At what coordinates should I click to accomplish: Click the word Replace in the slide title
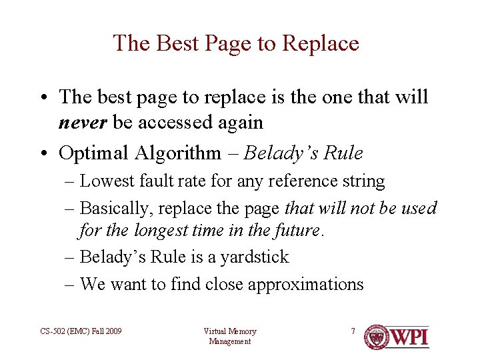click(x=320, y=43)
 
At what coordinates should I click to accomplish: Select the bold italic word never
click(x=83, y=123)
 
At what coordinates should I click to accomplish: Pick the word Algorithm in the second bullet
click(x=177, y=153)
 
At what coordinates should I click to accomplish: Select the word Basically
click(x=117, y=208)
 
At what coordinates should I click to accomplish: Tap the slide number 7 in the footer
click(x=353, y=331)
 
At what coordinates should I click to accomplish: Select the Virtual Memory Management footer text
click(x=229, y=336)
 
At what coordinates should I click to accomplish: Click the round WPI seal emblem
click(x=377, y=337)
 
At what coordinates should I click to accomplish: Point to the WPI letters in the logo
click(x=409, y=337)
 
